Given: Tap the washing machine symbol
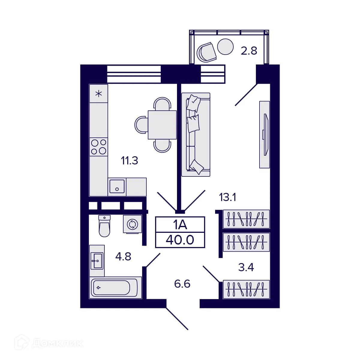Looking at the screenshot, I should tap(132, 224).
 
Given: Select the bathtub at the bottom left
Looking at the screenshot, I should tap(115, 288).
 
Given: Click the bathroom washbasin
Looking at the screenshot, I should tap(97, 261).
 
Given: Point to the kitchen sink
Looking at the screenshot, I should tap(117, 186).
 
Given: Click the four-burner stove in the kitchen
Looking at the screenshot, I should tap(99, 147).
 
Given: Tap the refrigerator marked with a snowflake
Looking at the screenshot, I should tap(98, 94).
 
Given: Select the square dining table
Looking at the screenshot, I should tap(162, 124).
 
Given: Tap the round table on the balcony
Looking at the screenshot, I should tap(225, 47).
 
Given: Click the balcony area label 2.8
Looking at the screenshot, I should tap(249, 51).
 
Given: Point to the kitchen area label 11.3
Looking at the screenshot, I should tap(129, 161).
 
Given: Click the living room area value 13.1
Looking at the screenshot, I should tap(228, 197).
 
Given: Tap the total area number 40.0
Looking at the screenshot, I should tap(180, 240).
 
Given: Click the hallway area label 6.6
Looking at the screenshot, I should tap(182, 283).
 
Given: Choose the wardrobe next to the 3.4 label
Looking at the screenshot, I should tap(246, 289).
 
